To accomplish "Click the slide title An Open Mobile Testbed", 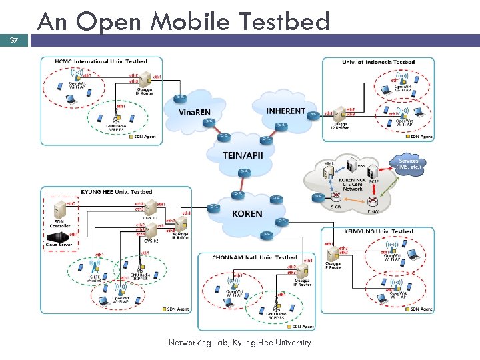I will point(183,21).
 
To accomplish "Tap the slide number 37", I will point(14,41).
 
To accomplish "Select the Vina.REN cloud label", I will point(194,112).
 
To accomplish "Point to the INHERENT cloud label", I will point(285,111).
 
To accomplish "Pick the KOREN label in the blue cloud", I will point(247,213).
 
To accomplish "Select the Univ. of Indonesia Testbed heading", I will point(378,62).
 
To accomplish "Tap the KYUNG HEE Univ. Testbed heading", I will point(117,192).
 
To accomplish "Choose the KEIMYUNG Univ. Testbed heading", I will point(379,231).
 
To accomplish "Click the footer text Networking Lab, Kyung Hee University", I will point(240,343).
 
